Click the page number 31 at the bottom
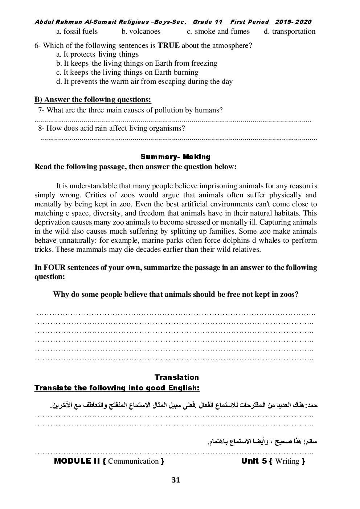pos(176,480)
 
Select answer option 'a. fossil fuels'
pos(77,32)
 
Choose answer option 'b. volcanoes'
pos(141,32)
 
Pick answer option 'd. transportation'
pos(290,32)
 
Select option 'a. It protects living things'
pos(97,54)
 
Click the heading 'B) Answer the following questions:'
pos(93,99)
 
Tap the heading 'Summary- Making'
pos(175,157)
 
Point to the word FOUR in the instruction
pos(54,268)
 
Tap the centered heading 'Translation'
pos(176,377)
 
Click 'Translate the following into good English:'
pos(117,388)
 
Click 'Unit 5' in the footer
pos(254,461)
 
